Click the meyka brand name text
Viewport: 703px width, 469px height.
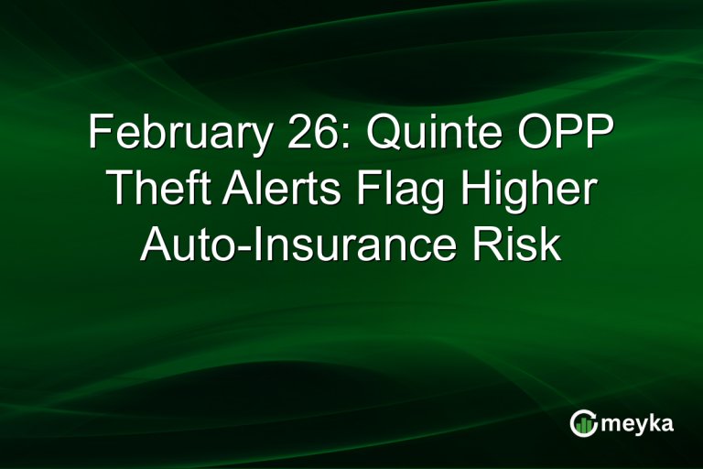coord(638,423)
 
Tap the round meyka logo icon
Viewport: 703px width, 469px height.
coord(582,423)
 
